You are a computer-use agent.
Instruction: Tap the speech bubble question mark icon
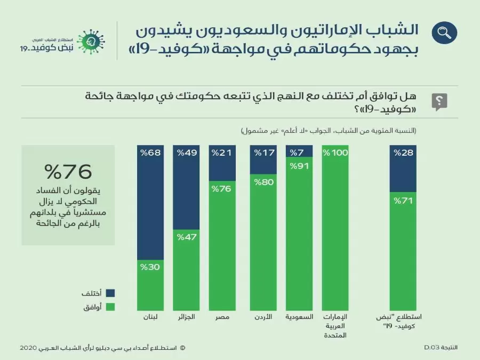click(x=439, y=101)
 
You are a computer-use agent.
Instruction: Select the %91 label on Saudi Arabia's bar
click(x=300, y=166)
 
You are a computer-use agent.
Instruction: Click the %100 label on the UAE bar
click(x=335, y=154)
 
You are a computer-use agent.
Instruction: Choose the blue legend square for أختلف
click(x=111, y=293)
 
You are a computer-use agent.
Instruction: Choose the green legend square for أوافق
click(x=111, y=307)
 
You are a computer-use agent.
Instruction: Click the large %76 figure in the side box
click(x=68, y=172)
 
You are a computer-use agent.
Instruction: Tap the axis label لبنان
click(x=151, y=317)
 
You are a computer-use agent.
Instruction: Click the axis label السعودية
click(x=300, y=317)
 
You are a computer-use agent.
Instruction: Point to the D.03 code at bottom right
click(x=431, y=347)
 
